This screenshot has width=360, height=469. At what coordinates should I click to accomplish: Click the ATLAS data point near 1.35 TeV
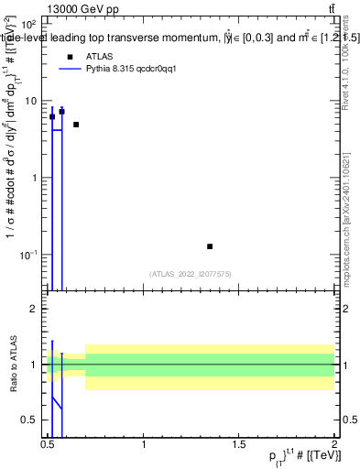210,246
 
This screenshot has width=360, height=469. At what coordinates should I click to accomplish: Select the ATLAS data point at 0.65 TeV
76,125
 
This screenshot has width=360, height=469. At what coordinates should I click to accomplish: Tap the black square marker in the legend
70,57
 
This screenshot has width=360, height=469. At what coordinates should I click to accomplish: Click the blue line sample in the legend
70,70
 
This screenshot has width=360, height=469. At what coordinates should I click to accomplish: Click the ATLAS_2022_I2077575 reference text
191,273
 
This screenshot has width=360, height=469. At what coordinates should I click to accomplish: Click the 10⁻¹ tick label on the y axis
29,254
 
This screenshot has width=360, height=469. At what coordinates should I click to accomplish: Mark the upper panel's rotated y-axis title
13,169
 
